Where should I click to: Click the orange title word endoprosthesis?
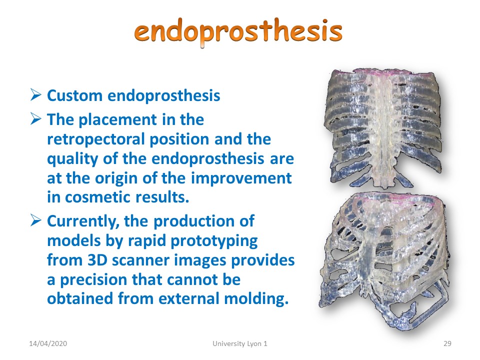[238, 32]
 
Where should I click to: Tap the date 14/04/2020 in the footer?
[48, 343]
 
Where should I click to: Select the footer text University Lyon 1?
[240, 344]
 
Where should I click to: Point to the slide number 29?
[447, 343]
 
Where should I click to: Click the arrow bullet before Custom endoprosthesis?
[36, 94]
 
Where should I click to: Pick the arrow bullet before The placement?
[36, 118]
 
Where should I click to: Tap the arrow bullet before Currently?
[36, 220]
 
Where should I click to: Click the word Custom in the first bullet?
[74, 95]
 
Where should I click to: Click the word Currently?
[83, 221]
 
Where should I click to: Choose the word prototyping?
[214, 241]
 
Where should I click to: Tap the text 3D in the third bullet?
[97, 260]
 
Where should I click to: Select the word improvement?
[241, 179]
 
